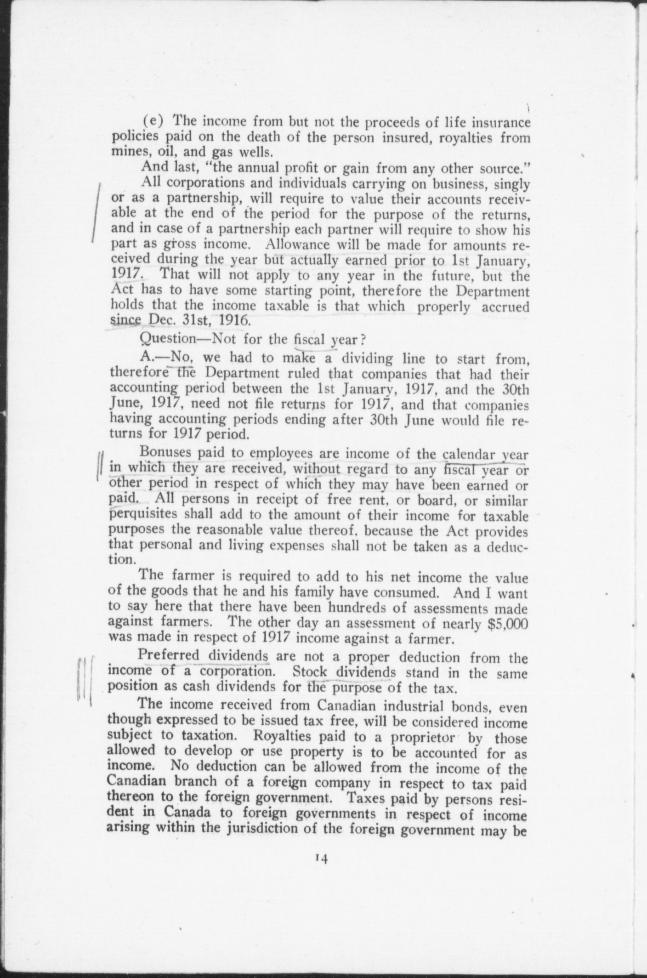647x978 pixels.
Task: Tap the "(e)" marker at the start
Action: [x=150, y=122]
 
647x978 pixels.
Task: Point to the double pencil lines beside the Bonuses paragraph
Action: [x=101, y=466]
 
